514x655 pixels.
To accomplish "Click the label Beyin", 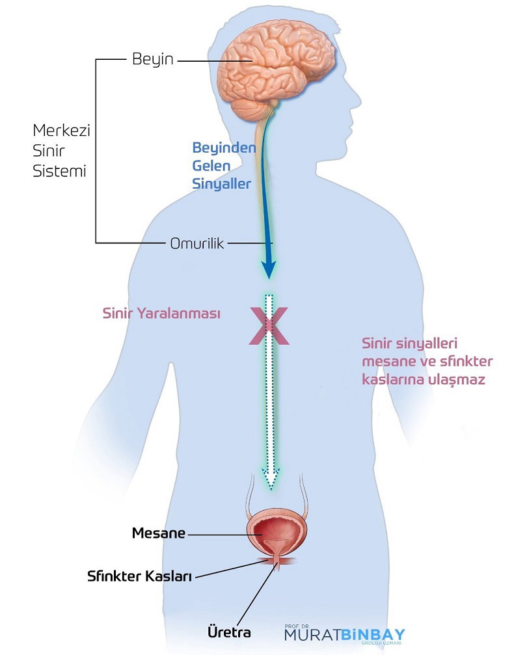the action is coord(152,60).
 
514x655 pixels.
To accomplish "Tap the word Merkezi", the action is coord(61,130).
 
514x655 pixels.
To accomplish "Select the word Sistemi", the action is coord(59,171).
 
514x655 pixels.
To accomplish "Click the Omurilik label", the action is coord(197,243).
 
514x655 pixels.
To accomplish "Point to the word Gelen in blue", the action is coord(211,166).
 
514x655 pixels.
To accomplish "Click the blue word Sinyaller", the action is coord(221,184).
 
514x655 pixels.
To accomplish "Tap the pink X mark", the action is coord(269,326).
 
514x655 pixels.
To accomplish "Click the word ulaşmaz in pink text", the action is coord(459,380).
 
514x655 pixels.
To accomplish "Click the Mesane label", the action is coord(159,533).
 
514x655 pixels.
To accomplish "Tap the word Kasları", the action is coord(169,576).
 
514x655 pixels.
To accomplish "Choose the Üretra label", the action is coord(230,632).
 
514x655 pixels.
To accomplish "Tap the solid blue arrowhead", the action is coord(269,270).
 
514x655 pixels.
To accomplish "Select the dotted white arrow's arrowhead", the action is coord(271,479).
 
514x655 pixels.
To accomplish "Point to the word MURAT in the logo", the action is coord(313,635).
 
